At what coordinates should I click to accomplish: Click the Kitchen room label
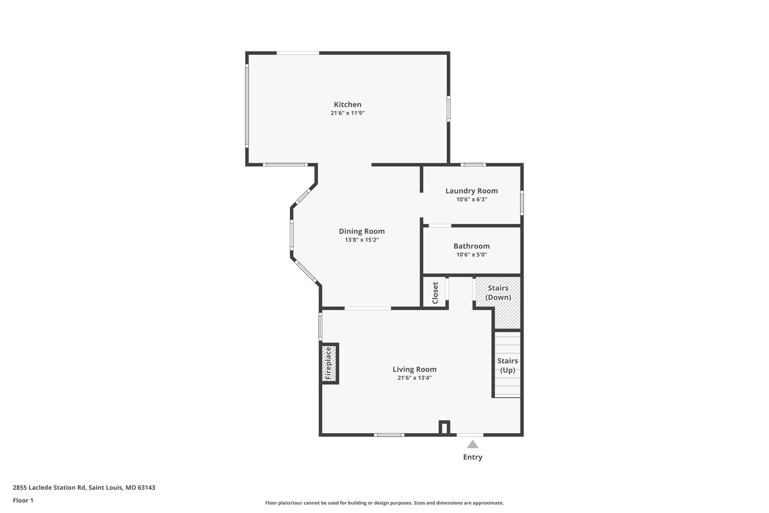pyautogui.click(x=348, y=104)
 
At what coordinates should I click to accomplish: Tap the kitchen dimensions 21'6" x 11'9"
pyautogui.click(x=348, y=113)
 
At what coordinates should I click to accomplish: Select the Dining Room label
pyautogui.click(x=362, y=232)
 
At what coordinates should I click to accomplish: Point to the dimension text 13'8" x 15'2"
pyautogui.click(x=362, y=240)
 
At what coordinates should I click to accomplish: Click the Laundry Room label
pyautogui.click(x=471, y=191)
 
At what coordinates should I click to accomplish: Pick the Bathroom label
pyautogui.click(x=471, y=246)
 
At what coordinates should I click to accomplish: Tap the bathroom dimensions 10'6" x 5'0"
pyautogui.click(x=471, y=255)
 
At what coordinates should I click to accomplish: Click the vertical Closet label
pyautogui.click(x=435, y=293)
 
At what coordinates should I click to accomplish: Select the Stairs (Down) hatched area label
pyautogui.click(x=498, y=293)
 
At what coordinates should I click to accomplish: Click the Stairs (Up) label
pyautogui.click(x=507, y=365)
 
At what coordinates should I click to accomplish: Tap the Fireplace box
pyautogui.click(x=329, y=363)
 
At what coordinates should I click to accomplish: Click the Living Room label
pyautogui.click(x=415, y=369)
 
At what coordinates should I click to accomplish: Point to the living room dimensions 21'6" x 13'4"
pyautogui.click(x=415, y=378)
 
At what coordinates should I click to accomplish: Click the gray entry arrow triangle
pyautogui.click(x=472, y=445)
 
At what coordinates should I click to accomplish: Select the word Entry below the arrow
pyautogui.click(x=472, y=457)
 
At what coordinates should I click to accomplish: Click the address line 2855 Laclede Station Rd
pyautogui.click(x=84, y=488)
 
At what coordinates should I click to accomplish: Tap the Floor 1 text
pyautogui.click(x=23, y=501)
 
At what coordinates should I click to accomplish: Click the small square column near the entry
pyautogui.click(x=444, y=428)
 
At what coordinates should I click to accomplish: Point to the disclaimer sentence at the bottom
pyautogui.click(x=384, y=503)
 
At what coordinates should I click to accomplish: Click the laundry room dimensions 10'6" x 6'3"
pyautogui.click(x=471, y=200)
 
